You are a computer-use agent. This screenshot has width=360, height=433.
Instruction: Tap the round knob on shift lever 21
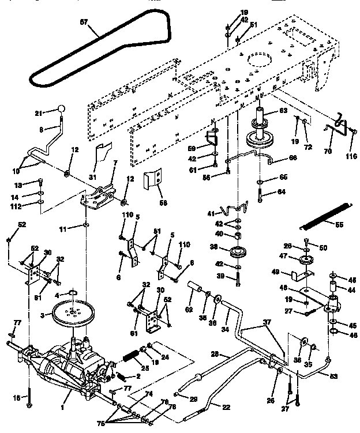click(61, 110)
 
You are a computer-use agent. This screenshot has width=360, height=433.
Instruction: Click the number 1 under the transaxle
click(70, 406)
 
